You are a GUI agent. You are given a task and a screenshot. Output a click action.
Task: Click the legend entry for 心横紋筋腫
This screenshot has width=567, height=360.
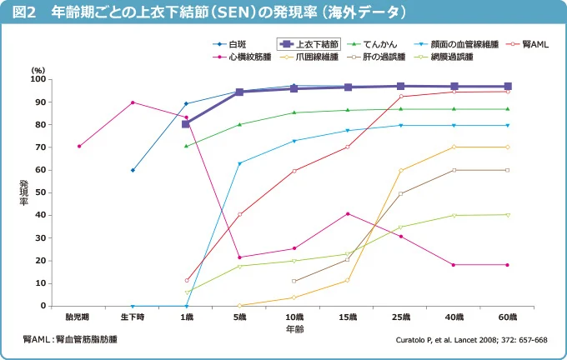(x=245, y=57)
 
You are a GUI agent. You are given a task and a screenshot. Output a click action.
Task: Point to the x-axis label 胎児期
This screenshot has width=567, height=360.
(x=78, y=317)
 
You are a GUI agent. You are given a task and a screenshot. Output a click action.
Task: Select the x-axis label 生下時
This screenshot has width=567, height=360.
(x=133, y=317)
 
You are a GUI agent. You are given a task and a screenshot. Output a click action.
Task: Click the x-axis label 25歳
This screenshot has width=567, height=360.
(x=401, y=317)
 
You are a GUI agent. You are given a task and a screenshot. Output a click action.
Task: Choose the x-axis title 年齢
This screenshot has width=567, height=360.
(x=294, y=330)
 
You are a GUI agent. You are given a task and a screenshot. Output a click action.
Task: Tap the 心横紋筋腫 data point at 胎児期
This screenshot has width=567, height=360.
(x=79, y=147)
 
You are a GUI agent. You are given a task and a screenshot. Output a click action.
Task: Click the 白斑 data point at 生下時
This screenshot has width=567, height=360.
(x=133, y=170)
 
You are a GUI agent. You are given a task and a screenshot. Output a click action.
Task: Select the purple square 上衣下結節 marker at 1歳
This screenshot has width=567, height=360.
(x=186, y=124)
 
